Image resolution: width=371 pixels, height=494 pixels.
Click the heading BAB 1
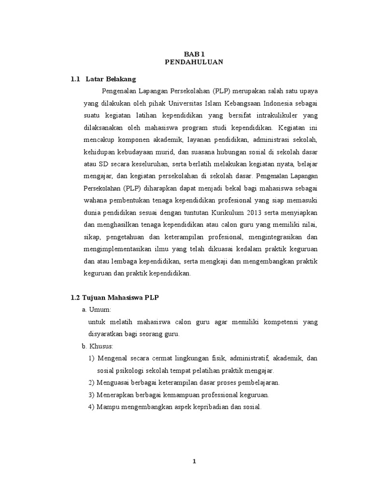193,55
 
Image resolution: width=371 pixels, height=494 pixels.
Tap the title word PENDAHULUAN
193,63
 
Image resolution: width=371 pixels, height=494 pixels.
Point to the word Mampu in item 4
108,407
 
